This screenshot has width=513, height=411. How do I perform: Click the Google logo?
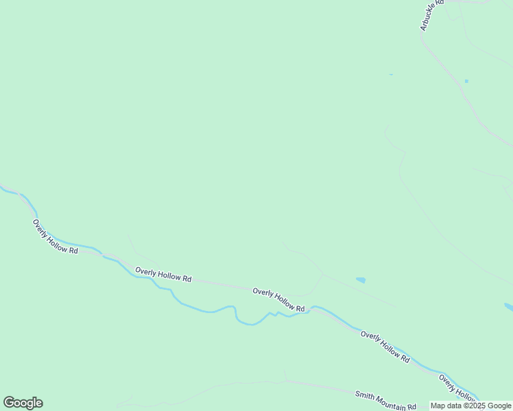(23, 403)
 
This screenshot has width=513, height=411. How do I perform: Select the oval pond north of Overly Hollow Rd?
(361, 279)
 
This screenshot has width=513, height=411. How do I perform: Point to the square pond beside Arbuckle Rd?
(466, 82)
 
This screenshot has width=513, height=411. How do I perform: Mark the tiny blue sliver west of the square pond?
(391, 74)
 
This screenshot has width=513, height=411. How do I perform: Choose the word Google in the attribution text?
(500, 406)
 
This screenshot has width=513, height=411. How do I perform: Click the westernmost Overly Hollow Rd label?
(56, 237)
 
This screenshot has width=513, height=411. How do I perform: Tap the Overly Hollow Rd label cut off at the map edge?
(458, 388)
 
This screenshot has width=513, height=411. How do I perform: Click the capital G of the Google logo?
(9, 403)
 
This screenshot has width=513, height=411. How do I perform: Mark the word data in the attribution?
(455, 406)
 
